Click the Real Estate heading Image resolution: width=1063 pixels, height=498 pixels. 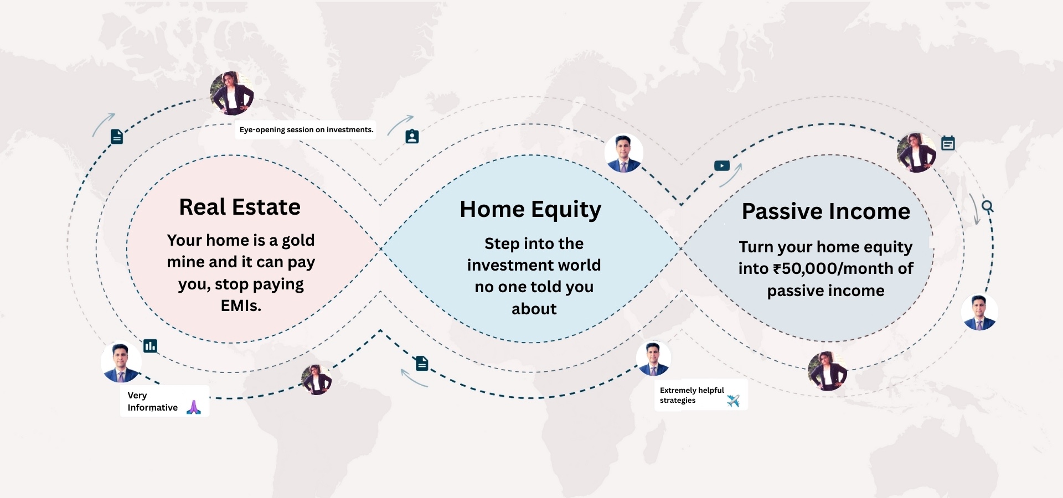point(240,207)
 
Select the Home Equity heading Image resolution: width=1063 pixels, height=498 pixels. point(530,210)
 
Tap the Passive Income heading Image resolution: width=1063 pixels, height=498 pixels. point(826,211)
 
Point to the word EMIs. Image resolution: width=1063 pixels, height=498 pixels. point(241,305)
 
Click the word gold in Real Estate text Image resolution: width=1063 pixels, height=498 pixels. point(298,241)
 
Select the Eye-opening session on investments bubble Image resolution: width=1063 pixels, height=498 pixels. point(306,129)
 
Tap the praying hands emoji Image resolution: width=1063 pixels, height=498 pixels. point(194,407)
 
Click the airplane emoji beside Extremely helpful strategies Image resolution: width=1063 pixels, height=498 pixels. point(733,401)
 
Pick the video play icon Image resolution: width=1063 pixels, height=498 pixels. point(722,165)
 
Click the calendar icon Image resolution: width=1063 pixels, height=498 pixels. point(948,143)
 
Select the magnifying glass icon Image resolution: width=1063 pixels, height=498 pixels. point(988,207)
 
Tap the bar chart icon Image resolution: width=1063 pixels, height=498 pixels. point(150,346)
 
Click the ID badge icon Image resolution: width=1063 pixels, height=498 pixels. point(412,136)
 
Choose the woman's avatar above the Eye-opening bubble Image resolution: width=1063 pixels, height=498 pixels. point(232,94)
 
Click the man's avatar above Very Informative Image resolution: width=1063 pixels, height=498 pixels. point(121,362)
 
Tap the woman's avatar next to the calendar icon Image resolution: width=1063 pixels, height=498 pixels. point(916,153)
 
